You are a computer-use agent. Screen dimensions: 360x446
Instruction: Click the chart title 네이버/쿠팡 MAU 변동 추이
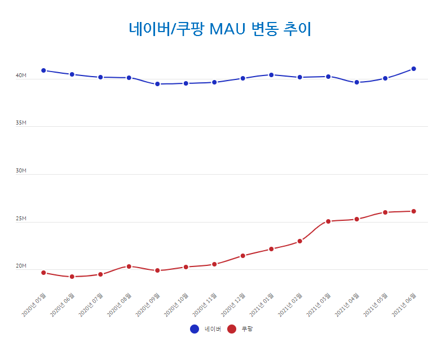point(220,28)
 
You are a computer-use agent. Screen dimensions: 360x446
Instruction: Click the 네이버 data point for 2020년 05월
point(43,70)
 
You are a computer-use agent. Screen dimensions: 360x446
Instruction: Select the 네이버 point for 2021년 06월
point(413,69)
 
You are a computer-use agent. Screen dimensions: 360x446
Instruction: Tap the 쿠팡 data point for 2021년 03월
point(328,221)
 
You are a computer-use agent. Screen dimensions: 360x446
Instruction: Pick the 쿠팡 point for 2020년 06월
point(72,277)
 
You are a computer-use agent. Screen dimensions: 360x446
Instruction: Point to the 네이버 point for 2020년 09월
point(157,84)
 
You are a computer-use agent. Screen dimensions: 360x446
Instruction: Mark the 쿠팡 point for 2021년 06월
point(413,211)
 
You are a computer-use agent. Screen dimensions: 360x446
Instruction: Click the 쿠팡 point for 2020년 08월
point(129,266)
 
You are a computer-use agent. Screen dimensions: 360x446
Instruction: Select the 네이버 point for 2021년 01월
point(271,75)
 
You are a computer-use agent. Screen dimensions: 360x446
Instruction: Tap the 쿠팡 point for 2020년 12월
point(242,256)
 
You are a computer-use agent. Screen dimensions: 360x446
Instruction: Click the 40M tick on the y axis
point(21,75)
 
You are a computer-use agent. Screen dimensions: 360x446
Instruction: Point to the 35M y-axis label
point(21,123)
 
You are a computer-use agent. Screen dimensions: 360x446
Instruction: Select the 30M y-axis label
point(21,171)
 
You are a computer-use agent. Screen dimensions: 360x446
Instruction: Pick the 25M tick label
point(21,219)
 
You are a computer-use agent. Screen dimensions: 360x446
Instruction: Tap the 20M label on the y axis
point(21,266)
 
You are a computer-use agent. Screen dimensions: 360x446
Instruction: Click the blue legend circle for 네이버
point(195,329)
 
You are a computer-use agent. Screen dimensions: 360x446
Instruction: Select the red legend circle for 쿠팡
point(232,329)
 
